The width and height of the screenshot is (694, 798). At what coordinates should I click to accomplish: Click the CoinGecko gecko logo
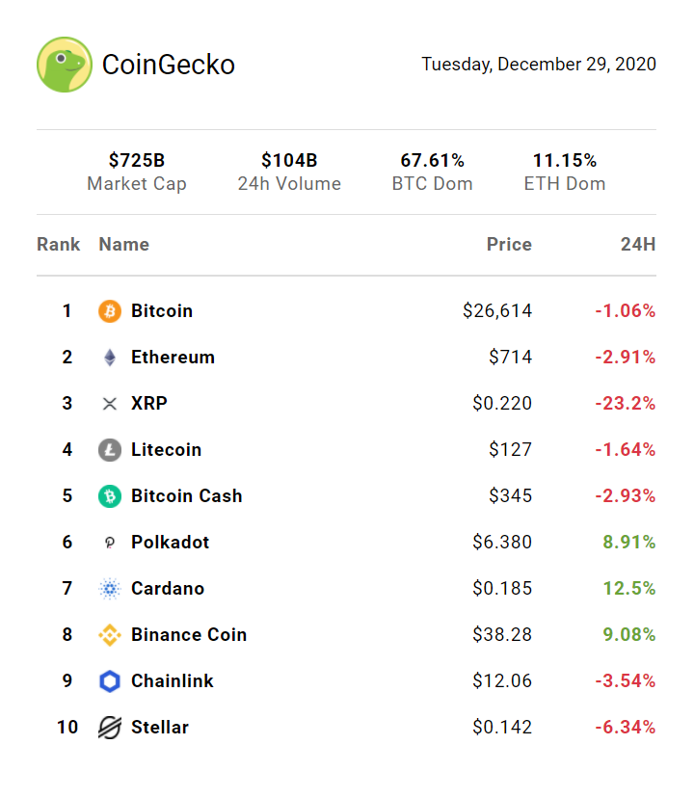tap(65, 65)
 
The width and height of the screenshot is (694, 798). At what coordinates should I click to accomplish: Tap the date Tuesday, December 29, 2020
tap(539, 65)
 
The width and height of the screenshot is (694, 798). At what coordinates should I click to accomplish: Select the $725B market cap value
tap(137, 160)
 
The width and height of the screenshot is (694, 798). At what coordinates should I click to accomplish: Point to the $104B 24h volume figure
tap(289, 160)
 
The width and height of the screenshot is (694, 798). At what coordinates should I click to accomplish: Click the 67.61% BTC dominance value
tap(433, 160)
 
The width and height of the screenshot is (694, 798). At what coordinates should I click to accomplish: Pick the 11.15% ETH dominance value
tap(565, 160)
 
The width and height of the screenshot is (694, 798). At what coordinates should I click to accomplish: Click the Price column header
tap(509, 245)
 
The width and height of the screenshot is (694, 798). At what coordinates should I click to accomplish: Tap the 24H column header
tap(638, 245)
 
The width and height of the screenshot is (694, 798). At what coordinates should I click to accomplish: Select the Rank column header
tap(59, 245)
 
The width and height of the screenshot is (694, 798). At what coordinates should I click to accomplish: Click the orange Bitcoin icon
tap(110, 311)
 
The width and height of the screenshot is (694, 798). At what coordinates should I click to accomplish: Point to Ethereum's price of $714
tap(510, 358)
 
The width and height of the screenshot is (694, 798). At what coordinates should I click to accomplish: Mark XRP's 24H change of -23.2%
tap(626, 404)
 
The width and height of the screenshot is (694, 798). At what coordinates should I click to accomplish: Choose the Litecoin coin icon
tap(110, 450)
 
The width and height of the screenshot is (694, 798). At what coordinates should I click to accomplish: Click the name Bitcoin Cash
tap(187, 496)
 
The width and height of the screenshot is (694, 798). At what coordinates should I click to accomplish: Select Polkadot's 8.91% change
tap(629, 543)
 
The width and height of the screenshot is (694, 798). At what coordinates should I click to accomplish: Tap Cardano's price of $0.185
tap(502, 589)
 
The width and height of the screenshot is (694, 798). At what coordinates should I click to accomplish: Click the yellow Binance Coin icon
tap(110, 635)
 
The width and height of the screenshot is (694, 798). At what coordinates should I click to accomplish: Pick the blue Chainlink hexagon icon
tap(110, 681)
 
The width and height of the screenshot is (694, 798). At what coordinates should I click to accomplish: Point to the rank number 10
tap(67, 728)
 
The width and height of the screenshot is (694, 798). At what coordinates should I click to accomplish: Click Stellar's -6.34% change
tap(625, 728)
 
